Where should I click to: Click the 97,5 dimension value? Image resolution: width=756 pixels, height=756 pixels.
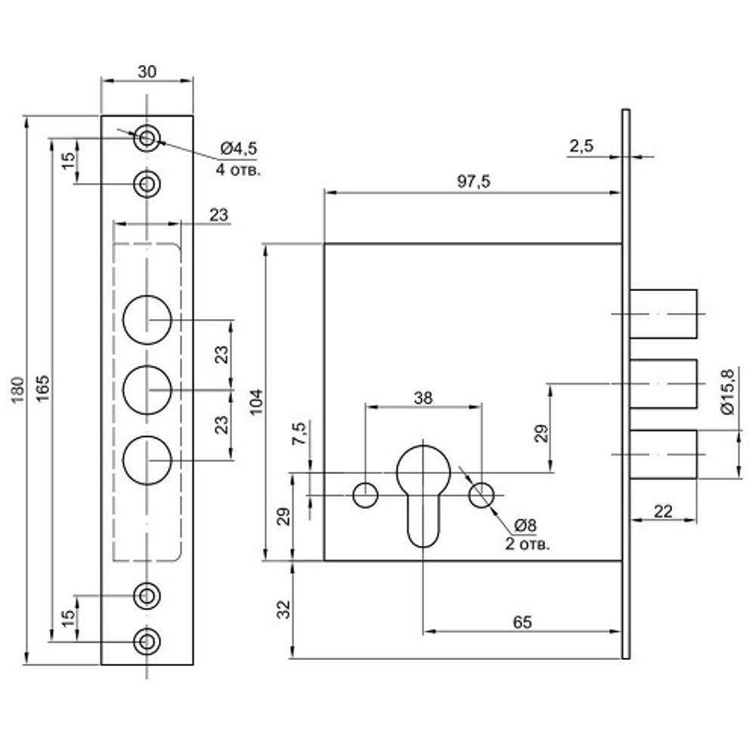[473, 181]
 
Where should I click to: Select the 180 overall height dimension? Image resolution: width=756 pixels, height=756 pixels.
[18, 390]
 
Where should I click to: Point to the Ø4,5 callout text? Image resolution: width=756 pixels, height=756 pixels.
[239, 148]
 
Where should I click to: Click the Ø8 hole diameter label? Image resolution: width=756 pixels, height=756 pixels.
[525, 525]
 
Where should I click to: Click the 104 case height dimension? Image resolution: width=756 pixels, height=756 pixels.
[256, 401]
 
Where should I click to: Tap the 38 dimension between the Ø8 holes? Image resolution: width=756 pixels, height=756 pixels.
[423, 398]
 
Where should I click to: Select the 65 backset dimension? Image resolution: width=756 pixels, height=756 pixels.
[522, 622]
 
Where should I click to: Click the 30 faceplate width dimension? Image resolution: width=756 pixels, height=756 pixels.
[147, 71]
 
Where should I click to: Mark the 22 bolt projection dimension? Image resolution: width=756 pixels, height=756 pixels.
[663, 512]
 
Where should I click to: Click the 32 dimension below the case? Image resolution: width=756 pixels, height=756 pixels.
[286, 609]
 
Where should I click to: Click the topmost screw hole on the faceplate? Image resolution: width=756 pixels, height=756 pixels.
[147, 139]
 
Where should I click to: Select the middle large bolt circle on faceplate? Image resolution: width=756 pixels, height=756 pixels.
[147, 389]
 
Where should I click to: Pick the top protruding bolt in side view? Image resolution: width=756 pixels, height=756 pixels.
[664, 314]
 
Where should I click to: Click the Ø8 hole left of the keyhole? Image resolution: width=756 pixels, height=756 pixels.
[365, 495]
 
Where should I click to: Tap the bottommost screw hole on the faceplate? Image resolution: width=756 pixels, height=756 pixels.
[147, 641]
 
